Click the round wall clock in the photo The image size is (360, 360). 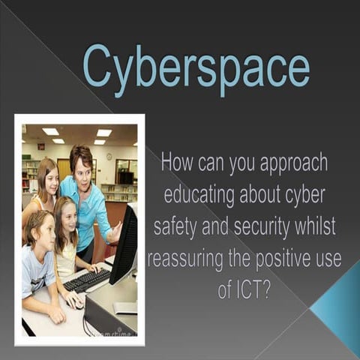pyautogui.click(x=109, y=157)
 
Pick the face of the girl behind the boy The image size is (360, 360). pyautogui.click(x=65, y=218)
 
